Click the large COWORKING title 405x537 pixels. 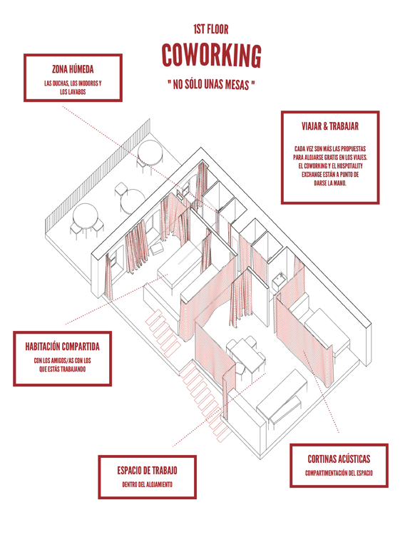(211, 56)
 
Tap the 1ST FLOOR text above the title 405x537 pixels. (211, 29)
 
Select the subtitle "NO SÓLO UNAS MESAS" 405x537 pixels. (211, 84)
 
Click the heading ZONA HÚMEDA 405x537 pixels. (73, 69)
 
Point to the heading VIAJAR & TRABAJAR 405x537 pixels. (330, 126)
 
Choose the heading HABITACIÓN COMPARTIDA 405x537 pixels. (62, 347)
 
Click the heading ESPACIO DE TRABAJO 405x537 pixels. (147, 470)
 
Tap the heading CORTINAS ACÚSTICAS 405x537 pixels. (339, 459)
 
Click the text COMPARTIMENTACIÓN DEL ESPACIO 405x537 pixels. (339, 474)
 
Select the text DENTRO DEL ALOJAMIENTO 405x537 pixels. (147, 485)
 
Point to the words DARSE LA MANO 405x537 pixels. (330, 183)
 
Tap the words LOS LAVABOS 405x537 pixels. (73, 92)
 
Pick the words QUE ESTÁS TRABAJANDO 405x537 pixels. (62, 369)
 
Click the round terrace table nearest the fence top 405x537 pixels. (150, 153)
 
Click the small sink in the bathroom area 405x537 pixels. (279, 281)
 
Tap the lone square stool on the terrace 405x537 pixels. (121, 190)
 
